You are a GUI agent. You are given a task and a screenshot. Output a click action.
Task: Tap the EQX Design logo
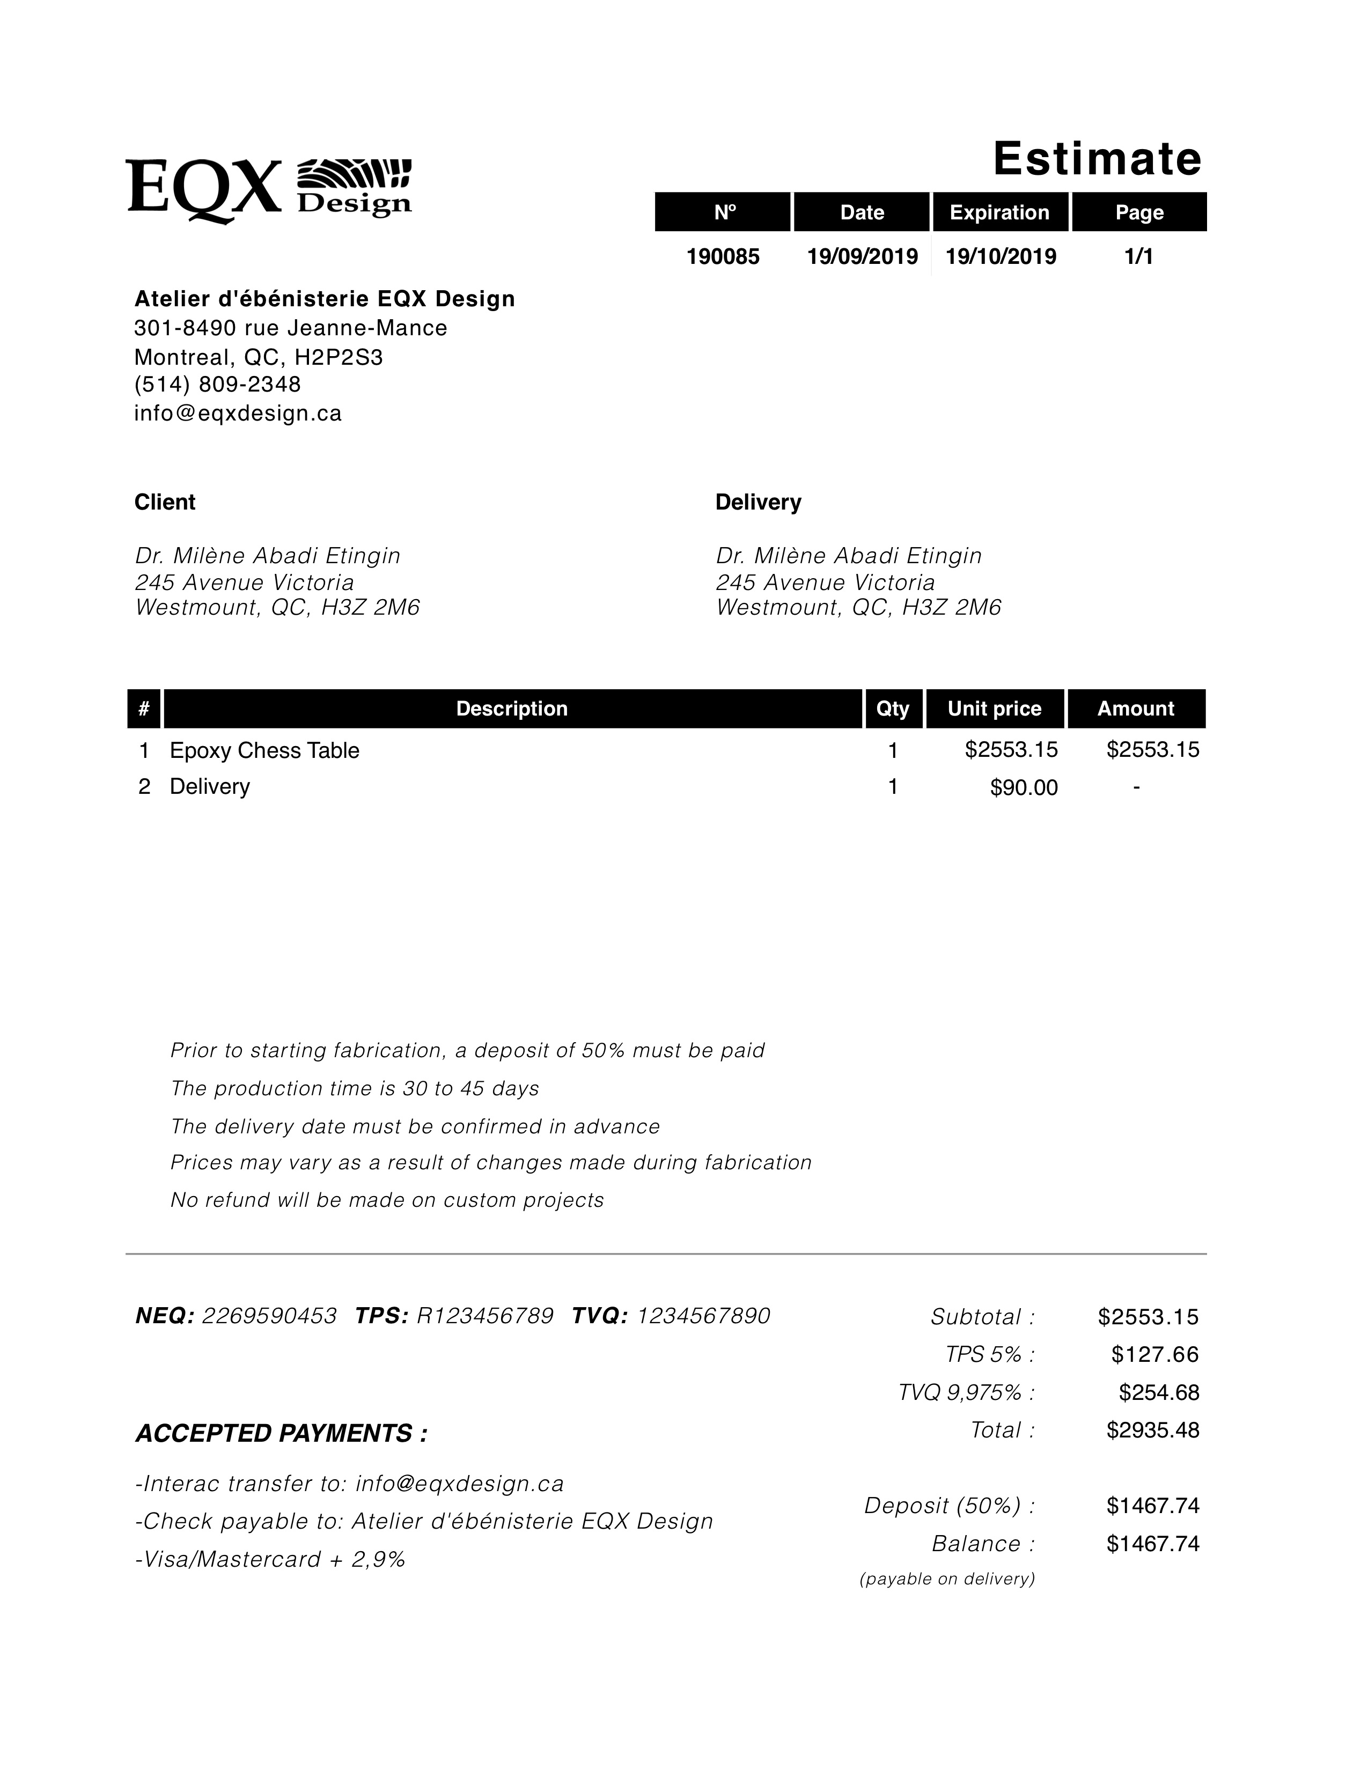269,190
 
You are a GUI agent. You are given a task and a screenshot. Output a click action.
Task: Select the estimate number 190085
723,257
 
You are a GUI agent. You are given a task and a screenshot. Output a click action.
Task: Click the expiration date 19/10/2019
1001,257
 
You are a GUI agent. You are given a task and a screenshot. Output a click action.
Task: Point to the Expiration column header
999,212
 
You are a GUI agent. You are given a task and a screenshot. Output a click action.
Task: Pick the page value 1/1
1138,257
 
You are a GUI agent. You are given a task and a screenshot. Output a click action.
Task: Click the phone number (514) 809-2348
217,384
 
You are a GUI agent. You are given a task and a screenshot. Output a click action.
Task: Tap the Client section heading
165,503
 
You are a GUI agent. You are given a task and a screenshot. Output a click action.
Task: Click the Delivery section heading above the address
757,503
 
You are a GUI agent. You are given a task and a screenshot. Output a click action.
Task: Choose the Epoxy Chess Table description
264,750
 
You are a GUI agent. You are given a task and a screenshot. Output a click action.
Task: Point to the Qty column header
892,709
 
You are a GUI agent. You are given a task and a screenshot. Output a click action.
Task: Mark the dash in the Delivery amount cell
1137,787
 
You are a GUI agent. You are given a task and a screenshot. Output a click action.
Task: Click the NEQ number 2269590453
269,1315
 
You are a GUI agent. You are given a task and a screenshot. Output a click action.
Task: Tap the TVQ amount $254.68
1159,1392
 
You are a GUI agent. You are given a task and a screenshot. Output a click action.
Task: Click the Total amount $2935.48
1152,1429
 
